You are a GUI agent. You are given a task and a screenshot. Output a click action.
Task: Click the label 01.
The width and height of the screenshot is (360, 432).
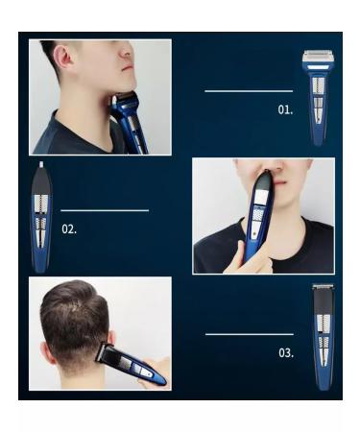point(285,109)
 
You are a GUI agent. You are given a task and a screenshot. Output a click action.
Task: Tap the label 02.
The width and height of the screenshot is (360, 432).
point(69,229)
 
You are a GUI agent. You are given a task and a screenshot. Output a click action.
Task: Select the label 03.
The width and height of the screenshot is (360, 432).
point(286,353)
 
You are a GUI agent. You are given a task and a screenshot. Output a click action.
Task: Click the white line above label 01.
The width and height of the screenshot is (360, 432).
point(248,91)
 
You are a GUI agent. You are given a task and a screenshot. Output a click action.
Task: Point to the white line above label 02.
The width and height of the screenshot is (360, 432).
point(105,209)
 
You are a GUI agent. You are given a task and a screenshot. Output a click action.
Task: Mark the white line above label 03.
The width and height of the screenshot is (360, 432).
point(249,334)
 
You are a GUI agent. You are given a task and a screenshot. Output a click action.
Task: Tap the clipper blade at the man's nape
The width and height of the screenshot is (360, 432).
point(107,352)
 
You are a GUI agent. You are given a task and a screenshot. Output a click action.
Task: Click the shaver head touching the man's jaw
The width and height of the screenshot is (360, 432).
point(125,102)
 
